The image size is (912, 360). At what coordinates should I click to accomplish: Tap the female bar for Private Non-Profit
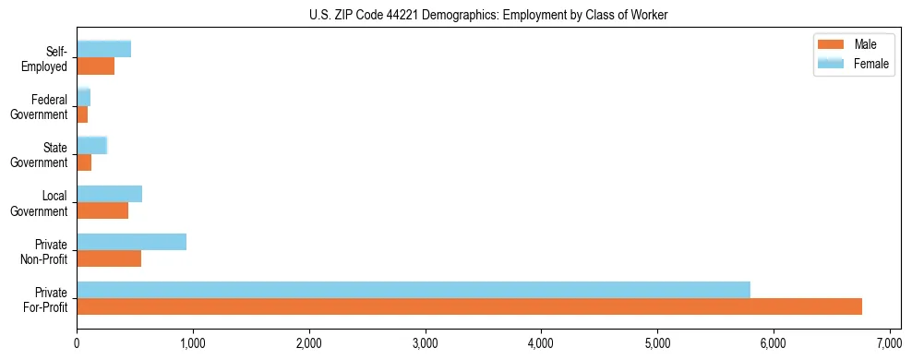(x=131, y=242)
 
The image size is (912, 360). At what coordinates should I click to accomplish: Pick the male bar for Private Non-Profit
(x=109, y=258)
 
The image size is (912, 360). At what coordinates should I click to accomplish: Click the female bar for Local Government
(x=109, y=194)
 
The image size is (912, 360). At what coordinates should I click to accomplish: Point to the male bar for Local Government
(x=102, y=210)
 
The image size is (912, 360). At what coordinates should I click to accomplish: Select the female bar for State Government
(x=91, y=145)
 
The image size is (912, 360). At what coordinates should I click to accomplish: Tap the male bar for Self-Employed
(x=95, y=66)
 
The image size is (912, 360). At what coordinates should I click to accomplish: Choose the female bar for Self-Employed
(x=103, y=49)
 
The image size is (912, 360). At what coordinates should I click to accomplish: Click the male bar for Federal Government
(x=82, y=114)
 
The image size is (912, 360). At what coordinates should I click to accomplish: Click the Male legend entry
(x=846, y=44)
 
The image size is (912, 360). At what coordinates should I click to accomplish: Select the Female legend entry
(x=846, y=63)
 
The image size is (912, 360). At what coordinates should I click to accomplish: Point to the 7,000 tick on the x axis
(x=889, y=343)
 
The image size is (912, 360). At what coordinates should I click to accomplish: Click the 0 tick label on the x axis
(x=77, y=343)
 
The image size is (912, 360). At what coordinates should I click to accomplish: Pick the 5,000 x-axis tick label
(x=657, y=343)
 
